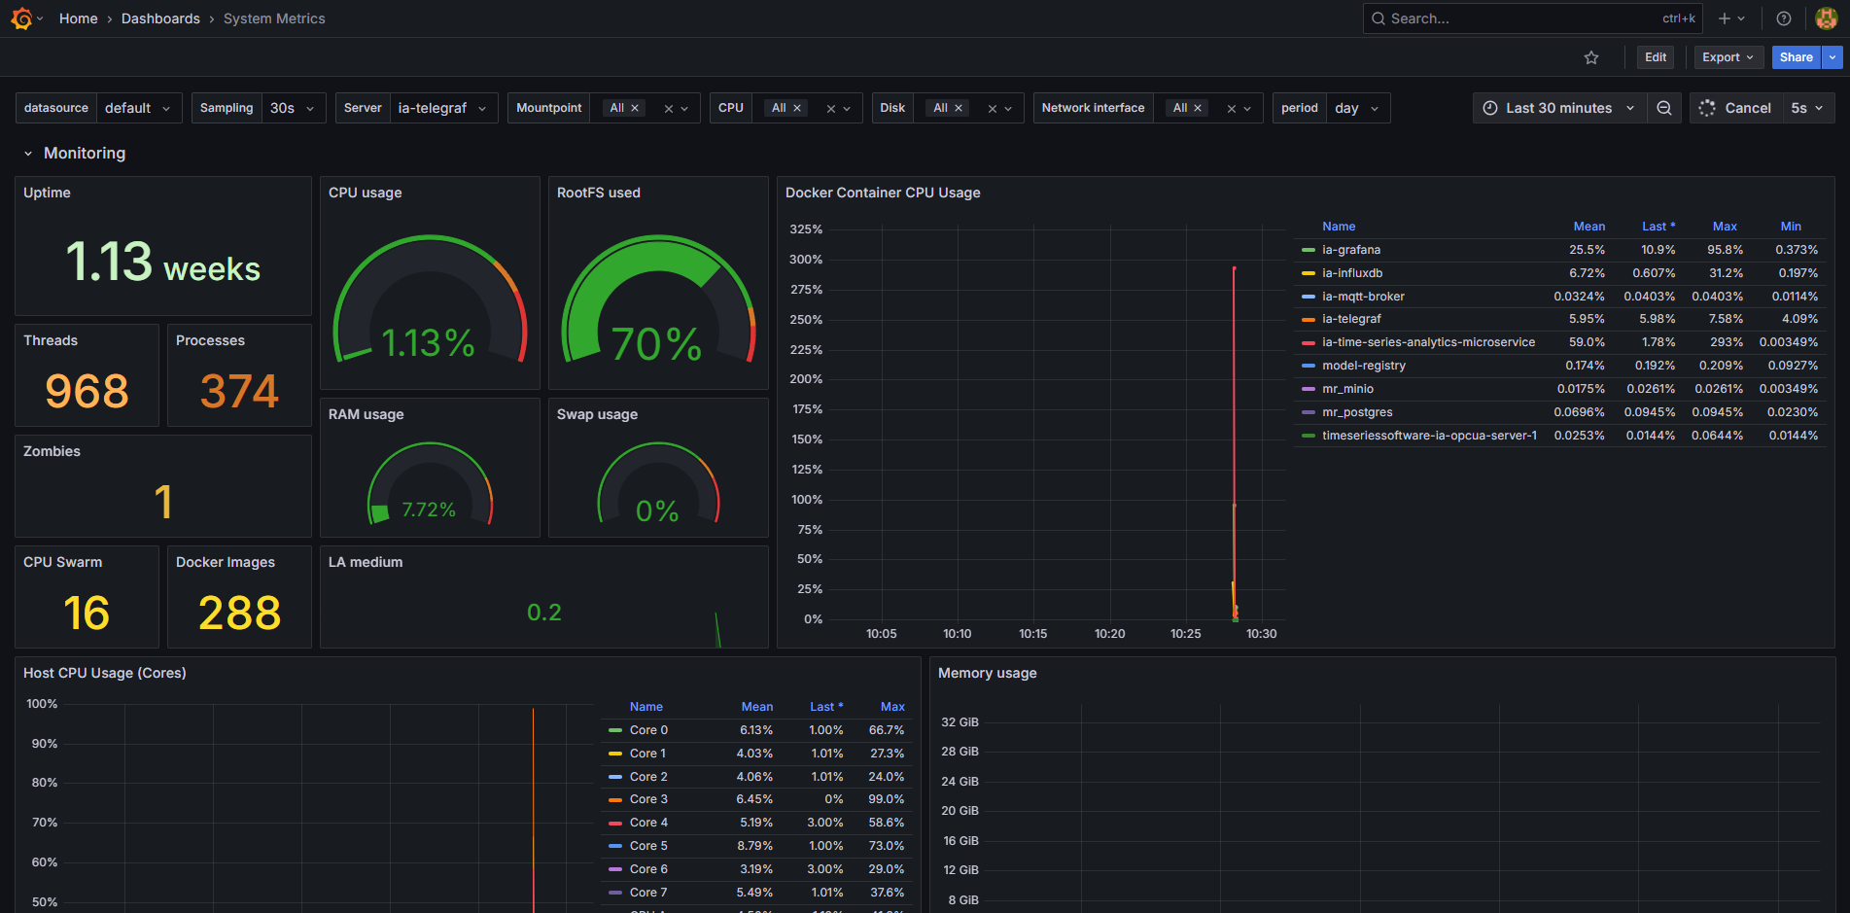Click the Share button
[x=1796, y=57]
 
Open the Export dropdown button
[x=1728, y=57]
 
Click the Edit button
[x=1656, y=57]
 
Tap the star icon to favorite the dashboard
[x=1591, y=57]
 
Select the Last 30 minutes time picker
[x=1558, y=108]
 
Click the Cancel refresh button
[x=1735, y=108]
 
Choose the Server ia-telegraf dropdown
[x=442, y=108]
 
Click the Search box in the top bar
[x=1517, y=18]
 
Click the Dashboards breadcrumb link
[x=160, y=18]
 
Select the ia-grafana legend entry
[x=1351, y=250]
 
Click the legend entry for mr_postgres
[x=1357, y=412]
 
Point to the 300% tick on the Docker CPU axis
[x=806, y=260]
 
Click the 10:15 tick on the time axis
[x=1033, y=634]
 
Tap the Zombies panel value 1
[x=163, y=502]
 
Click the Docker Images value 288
[x=239, y=613]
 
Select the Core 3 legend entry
[x=648, y=799]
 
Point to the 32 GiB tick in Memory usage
[x=960, y=722]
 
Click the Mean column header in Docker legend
[x=1588, y=227]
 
